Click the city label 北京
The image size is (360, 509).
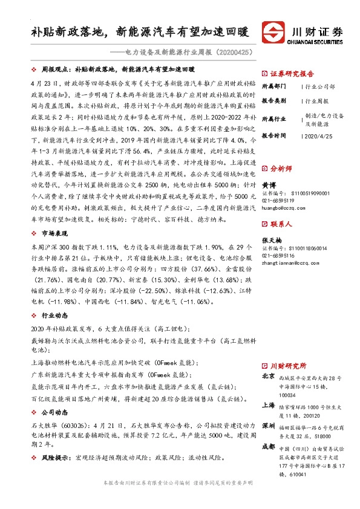coord(267,376)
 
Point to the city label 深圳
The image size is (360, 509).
coord(267,425)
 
